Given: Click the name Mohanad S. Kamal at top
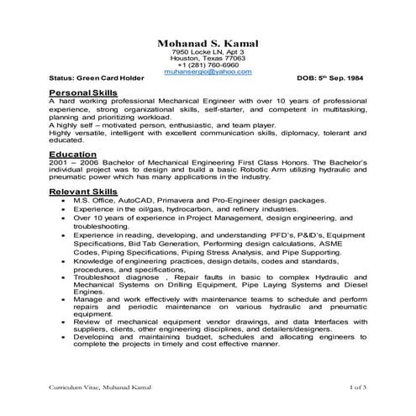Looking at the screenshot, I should pyautogui.click(x=208, y=43).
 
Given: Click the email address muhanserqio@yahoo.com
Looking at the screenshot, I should pyautogui.click(x=208, y=72).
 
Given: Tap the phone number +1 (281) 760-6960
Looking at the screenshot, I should pyautogui.click(x=208, y=65).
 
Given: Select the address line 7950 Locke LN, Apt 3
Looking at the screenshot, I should pyautogui.click(x=208, y=52).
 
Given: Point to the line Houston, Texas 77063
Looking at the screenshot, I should pyautogui.click(x=208, y=58).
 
